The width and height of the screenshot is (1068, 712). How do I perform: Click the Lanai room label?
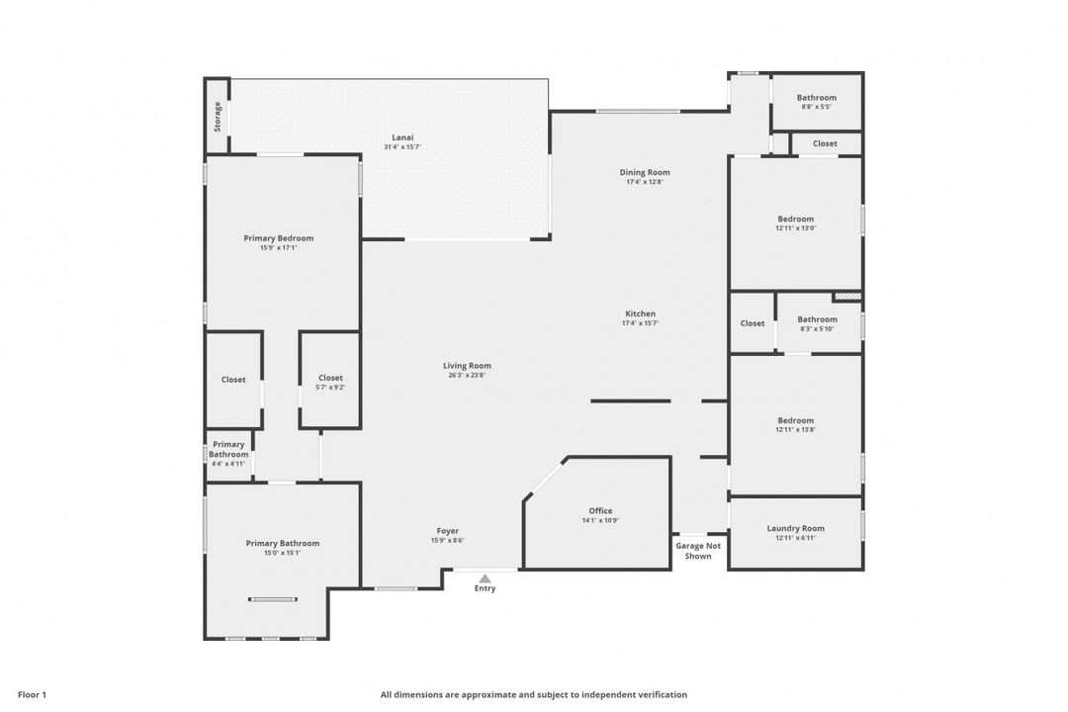point(402,137)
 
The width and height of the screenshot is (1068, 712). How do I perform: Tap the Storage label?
point(218,117)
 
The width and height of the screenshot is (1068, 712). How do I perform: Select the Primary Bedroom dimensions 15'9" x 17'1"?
point(279,248)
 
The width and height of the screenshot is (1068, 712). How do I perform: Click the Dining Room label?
point(645,172)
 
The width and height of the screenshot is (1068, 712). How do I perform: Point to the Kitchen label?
point(640,314)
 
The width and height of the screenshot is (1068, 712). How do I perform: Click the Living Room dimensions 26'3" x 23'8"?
point(467,376)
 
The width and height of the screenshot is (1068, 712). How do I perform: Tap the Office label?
point(600,511)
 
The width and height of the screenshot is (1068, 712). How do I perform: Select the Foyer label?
point(448,531)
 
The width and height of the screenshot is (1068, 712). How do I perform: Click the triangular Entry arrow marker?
point(485,578)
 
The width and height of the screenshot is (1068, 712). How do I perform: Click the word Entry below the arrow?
point(485,588)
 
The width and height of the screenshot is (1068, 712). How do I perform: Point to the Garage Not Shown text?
point(698,551)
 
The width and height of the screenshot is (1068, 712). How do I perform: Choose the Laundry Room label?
point(795,529)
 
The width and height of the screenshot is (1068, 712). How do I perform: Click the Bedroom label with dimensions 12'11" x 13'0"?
point(795,220)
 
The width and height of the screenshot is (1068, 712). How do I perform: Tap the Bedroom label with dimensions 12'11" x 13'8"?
point(795,421)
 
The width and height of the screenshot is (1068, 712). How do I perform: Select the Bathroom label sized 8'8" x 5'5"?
point(817,98)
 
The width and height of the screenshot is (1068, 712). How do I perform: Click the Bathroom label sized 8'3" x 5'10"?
point(818,319)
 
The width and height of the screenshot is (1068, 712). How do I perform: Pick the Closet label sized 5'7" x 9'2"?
point(330,378)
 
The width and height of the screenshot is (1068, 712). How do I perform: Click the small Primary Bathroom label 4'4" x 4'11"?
point(228,450)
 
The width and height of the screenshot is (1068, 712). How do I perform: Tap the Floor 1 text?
point(32,695)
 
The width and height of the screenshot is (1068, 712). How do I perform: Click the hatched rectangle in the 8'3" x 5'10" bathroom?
point(848,297)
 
